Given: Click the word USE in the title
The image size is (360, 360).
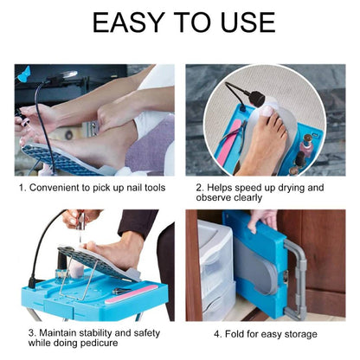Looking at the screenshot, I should [246, 22].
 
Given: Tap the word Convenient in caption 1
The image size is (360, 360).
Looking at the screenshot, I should [61, 186].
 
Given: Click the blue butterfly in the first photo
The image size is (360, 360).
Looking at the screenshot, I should [23, 74].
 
